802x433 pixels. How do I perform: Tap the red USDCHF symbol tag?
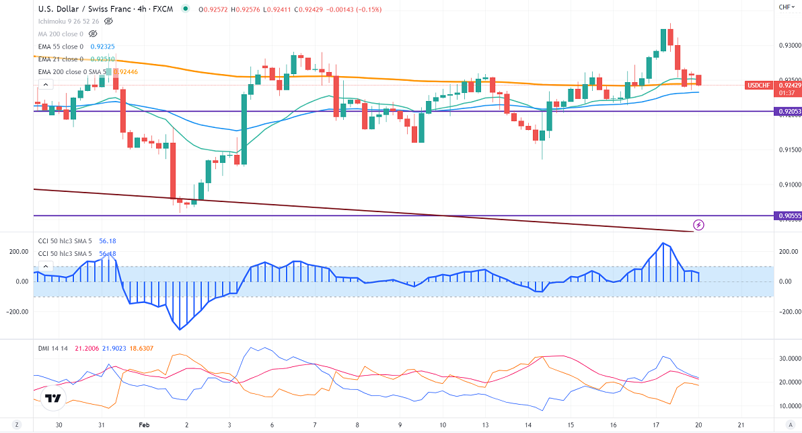760,86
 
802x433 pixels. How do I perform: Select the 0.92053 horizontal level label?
787,112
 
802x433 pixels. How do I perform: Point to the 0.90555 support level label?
787,216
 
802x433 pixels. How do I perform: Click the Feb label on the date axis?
143,426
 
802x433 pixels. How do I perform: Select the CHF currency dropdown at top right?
786,7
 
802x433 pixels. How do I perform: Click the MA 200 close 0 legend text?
61,34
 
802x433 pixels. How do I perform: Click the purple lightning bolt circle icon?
698,225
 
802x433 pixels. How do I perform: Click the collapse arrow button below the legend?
45,85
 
